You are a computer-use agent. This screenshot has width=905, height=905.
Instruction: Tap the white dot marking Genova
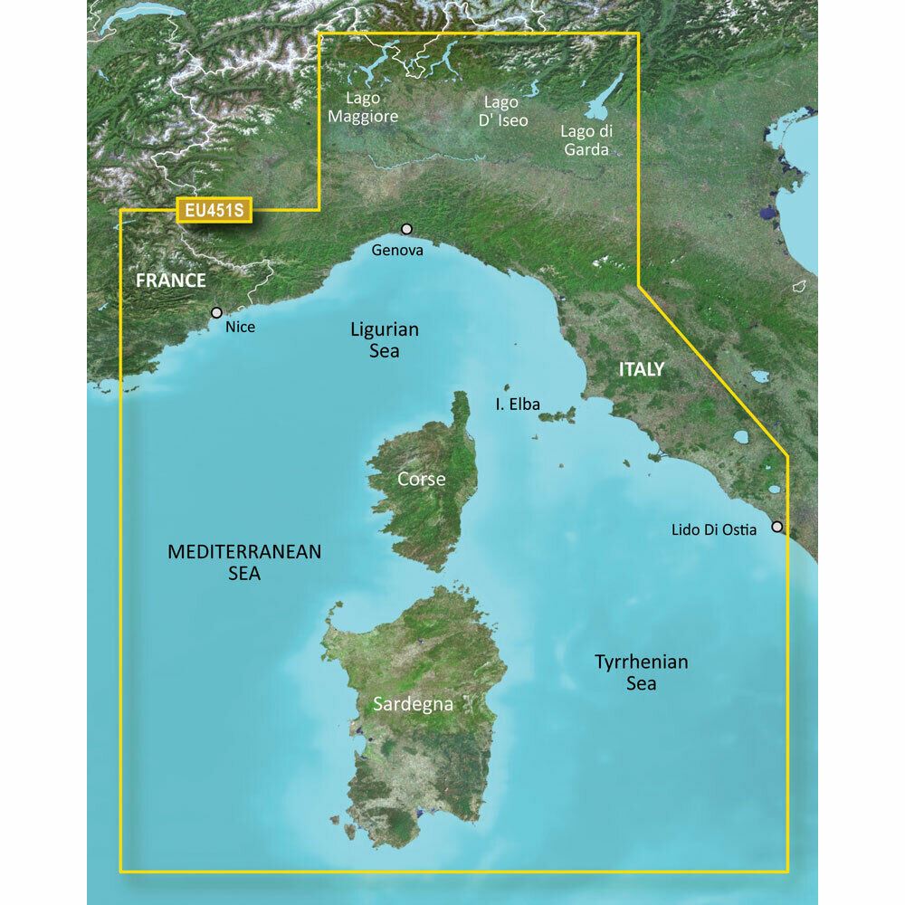407,229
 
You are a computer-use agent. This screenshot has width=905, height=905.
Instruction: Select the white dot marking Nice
216,312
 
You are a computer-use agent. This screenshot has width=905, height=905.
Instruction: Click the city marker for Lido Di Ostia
776,526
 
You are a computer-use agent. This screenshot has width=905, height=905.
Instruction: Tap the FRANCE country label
171,281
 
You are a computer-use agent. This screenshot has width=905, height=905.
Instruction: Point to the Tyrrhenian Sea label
641,672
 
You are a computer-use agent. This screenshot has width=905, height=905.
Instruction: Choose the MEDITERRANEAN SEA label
244,561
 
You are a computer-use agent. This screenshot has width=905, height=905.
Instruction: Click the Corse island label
422,479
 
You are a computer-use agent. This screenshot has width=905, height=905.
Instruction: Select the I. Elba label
518,405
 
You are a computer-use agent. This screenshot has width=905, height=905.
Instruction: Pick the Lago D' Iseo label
505,111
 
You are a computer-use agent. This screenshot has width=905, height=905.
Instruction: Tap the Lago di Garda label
586,141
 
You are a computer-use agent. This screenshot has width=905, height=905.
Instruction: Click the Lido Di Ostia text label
714,530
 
